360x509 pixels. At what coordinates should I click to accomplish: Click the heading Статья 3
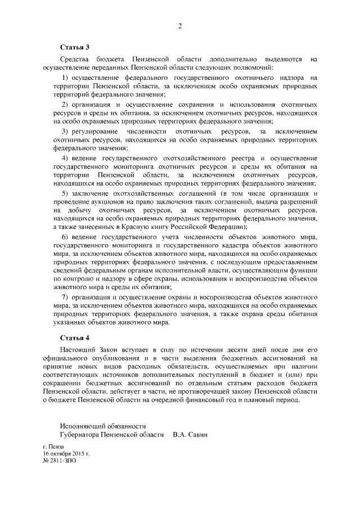point(75,47)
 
